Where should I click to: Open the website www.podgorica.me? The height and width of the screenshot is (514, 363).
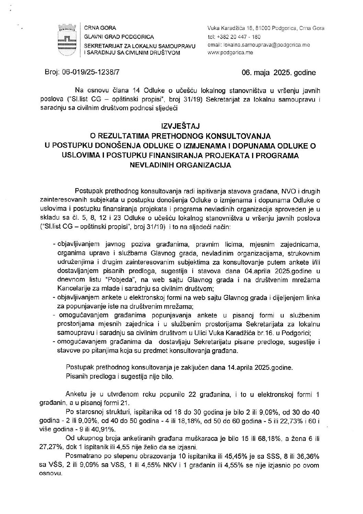coord(230,53)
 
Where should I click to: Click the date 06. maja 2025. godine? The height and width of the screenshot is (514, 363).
coord(279,73)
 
